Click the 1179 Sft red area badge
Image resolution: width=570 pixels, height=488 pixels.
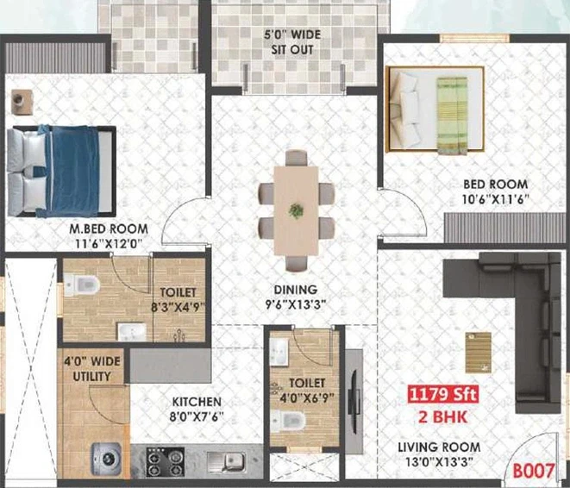442,394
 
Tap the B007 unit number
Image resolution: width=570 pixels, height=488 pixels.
534,471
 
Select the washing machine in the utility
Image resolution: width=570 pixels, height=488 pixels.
106,459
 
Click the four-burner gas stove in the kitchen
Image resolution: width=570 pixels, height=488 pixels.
165,461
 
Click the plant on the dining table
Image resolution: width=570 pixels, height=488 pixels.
297,210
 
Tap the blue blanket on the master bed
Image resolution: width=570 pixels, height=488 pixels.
72,172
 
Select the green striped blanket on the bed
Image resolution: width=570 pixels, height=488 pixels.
452,116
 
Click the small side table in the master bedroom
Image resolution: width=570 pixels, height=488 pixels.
22,102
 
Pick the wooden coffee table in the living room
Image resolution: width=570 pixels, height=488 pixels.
479,353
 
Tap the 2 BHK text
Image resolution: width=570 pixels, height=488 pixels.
442,417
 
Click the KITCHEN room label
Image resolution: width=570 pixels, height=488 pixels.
197,402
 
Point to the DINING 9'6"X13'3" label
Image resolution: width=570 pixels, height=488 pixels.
296,297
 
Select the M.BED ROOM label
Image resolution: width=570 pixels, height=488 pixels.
109,229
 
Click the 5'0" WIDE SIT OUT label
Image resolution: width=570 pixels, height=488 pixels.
292,42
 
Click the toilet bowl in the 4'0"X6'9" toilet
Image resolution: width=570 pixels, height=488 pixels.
288,421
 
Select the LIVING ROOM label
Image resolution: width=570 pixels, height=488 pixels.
439,447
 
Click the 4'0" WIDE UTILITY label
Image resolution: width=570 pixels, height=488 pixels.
92,368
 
